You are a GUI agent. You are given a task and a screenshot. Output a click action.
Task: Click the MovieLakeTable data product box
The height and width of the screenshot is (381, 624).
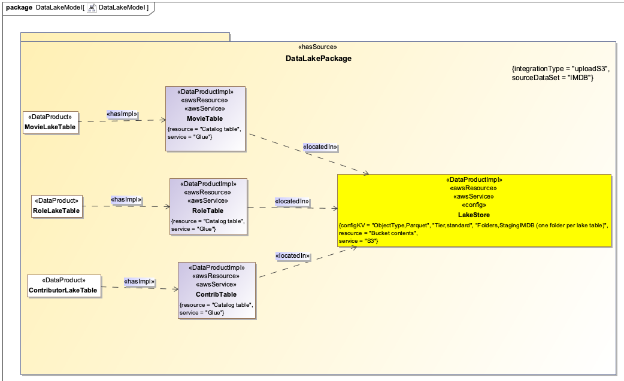click(x=50, y=123)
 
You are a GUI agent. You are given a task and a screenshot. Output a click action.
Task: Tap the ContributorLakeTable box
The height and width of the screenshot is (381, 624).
click(x=63, y=285)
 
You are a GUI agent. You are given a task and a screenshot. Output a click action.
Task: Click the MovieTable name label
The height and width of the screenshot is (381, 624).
click(x=206, y=118)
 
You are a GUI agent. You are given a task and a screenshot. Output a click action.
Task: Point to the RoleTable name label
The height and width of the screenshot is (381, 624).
click(x=208, y=211)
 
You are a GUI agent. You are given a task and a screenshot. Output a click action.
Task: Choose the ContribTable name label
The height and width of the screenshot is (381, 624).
click(x=216, y=294)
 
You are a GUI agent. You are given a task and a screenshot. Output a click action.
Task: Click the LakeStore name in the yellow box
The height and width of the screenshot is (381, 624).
click(x=474, y=214)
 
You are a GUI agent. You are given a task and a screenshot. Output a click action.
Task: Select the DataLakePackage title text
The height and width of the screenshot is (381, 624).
click(x=318, y=59)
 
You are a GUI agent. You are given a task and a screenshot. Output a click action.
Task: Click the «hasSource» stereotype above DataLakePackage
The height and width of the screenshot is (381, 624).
click(x=317, y=47)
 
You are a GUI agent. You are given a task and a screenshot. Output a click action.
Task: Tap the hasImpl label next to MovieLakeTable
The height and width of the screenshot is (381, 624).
click(x=122, y=114)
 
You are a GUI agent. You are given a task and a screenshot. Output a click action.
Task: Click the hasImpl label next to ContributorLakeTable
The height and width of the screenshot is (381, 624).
click(x=139, y=281)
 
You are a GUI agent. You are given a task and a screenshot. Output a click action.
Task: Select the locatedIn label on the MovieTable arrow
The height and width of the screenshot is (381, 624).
click(x=320, y=147)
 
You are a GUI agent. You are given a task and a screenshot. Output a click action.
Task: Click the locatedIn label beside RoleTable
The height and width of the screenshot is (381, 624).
click(x=292, y=202)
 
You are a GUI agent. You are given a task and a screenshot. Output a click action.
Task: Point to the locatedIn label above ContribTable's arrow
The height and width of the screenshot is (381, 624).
click(x=292, y=256)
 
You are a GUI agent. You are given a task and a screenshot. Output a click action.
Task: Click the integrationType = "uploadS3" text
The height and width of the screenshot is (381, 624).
click(x=560, y=69)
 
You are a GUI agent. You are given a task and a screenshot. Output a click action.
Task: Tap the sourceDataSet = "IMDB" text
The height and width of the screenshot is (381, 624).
click(x=552, y=78)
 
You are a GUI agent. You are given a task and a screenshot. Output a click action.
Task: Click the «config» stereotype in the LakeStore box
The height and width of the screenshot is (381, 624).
click(x=474, y=205)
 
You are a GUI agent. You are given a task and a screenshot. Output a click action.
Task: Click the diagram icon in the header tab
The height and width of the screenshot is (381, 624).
click(x=92, y=7)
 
